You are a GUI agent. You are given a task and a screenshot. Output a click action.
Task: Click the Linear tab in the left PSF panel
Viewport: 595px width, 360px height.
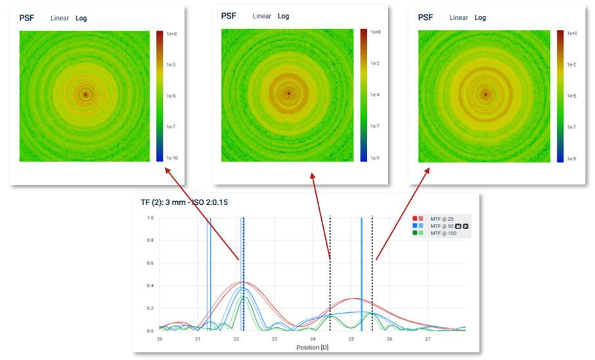pyautogui.click(x=60, y=18)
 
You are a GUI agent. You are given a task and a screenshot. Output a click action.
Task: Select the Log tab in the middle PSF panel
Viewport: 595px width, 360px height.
pyautogui.click(x=283, y=16)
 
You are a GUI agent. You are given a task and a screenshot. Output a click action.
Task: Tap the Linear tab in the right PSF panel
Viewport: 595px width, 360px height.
pyautogui.click(x=459, y=18)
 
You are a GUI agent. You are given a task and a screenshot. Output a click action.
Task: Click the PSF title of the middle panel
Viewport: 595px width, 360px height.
pyautogui.click(x=229, y=16)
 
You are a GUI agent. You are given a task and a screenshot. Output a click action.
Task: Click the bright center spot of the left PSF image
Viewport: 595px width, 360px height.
pyautogui.click(x=85, y=95)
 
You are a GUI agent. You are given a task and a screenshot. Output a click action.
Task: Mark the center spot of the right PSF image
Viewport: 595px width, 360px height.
pyautogui.click(x=485, y=95)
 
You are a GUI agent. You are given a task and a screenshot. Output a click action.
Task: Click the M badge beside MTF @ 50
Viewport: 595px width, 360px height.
pyautogui.click(x=458, y=226)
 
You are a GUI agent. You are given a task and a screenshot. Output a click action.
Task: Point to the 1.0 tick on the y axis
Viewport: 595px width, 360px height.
pyautogui.click(x=150, y=218)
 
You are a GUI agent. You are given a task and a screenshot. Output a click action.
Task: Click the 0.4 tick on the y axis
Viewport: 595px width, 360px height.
pyautogui.click(x=150, y=286)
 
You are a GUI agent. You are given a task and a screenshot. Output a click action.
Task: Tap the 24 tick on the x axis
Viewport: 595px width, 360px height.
pyautogui.click(x=313, y=340)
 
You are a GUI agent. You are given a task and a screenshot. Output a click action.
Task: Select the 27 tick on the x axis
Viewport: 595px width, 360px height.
pyautogui.click(x=428, y=340)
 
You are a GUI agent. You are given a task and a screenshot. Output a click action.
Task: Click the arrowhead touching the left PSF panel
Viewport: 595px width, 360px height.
pyautogui.click(x=166, y=169)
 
